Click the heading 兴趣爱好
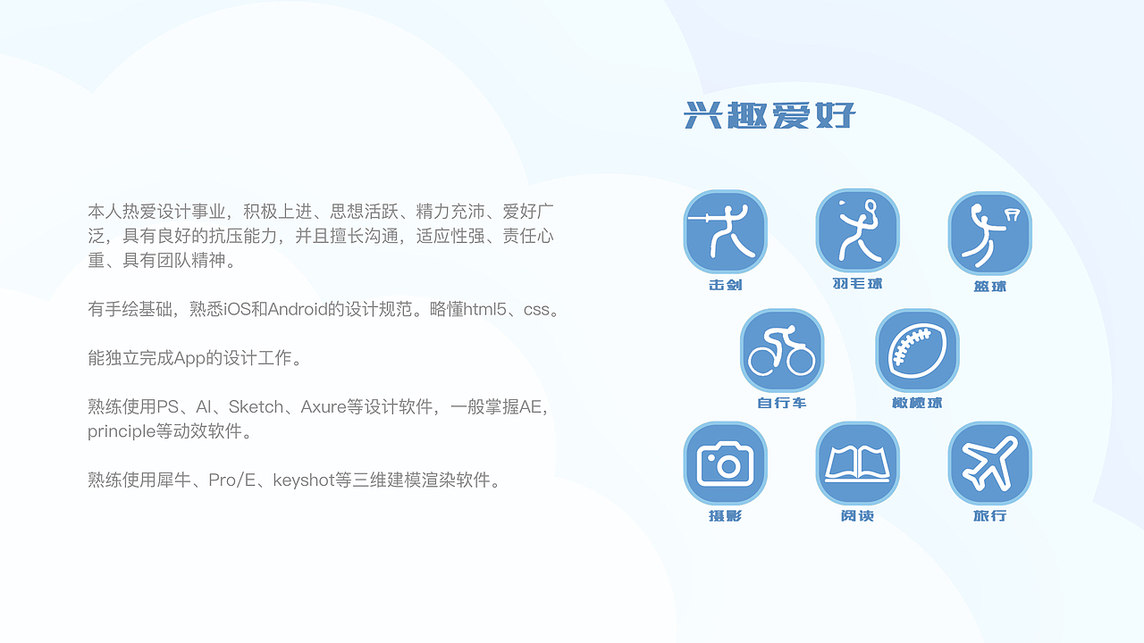pos(770,115)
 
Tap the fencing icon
pos(725,231)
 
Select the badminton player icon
pos(857,230)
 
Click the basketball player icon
pos(989,232)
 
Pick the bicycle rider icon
pos(781,350)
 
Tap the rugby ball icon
pos(917,350)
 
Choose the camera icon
pos(725,463)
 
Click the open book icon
pos(857,463)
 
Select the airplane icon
pos(989,463)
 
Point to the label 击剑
pos(725,285)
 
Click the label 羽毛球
pos(857,284)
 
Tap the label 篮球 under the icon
pos(989,287)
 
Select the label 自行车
pos(781,403)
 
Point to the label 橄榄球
pos(917,403)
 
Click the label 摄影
pos(725,516)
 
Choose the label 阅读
pos(857,516)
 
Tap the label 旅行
pos(989,516)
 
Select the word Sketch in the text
pos(256,407)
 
